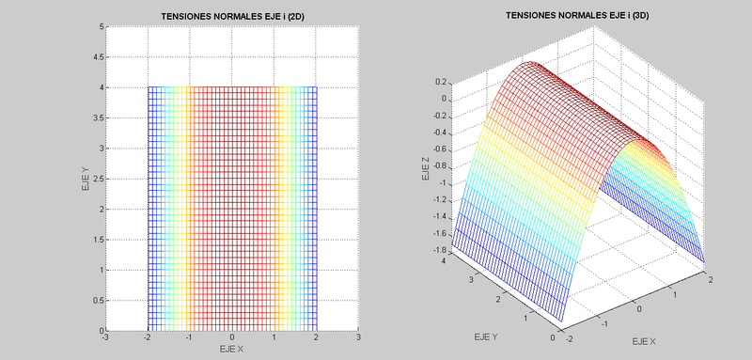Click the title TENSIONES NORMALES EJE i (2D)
click(233, 16)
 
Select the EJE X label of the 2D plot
click(233, 349)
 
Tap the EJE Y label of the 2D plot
click(86, 179)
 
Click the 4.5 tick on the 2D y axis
click(98, 57)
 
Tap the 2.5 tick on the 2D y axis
click(98, 180)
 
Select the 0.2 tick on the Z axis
click(439, 82)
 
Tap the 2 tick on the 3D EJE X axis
click(712, 281)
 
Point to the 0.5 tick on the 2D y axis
click(98, 302)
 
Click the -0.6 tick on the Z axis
click(437, 149)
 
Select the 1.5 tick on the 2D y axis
click(98, 241)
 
